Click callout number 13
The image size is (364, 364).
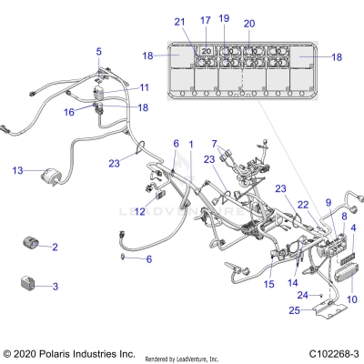(17, 170)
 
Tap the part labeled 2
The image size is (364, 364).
(32, 243)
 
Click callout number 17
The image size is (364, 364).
(205, 21)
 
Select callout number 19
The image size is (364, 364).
(225, 18)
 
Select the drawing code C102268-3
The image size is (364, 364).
(333, 352)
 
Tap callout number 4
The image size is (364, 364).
(353, 227)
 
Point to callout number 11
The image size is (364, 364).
(144, 87)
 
